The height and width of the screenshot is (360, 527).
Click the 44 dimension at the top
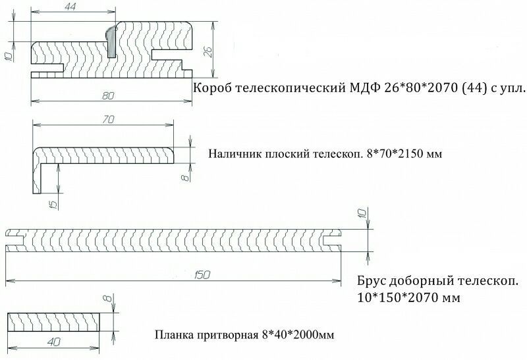point(70,7)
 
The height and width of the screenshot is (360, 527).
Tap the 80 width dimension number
point(108,95)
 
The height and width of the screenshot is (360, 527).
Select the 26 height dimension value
point(209,51)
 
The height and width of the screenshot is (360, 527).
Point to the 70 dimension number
point(108,120)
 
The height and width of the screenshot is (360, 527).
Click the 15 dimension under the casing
point(54,203)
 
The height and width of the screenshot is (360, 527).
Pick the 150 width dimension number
point(202,275)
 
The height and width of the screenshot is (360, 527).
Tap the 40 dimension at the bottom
point(54,342)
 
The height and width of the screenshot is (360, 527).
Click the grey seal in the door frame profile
point(110,42)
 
